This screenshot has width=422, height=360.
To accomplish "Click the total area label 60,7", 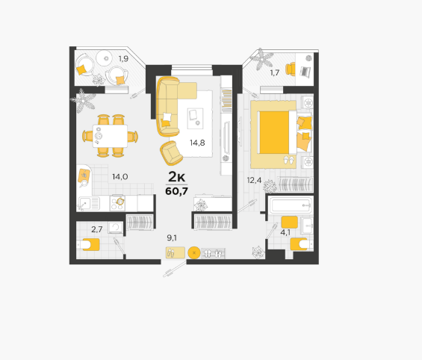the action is (176, 191).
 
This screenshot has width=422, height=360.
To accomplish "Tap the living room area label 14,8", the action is (197, 143).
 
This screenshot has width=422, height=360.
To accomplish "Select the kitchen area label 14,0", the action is (120, 177).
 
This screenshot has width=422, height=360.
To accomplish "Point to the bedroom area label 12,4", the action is (254, 180).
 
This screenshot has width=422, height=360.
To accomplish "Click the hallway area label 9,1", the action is (172, 238).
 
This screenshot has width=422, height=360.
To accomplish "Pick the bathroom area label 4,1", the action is (285, 232).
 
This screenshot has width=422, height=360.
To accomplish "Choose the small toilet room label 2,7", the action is (97, 229).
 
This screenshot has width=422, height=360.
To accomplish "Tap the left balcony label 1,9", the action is (123, 59).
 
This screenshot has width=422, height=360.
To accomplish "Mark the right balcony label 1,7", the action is (275, 72).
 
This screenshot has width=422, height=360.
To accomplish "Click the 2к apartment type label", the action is (176, 177).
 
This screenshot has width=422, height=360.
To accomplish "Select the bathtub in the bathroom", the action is (291, 205).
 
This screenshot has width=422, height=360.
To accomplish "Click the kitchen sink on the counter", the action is (89, 203).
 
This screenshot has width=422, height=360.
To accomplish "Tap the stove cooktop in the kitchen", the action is (117, 203).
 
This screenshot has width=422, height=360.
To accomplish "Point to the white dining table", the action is (110, 136).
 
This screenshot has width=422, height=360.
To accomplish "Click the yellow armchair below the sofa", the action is (172, 153).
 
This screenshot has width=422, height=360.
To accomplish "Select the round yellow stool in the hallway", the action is (194, 252).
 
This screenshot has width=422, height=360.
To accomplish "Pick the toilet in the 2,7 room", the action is (87, 244).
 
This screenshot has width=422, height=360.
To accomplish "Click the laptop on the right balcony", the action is (305, 71).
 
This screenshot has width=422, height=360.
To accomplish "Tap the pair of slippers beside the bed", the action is (289, 160).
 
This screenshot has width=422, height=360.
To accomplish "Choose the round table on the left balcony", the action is (106, 58).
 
